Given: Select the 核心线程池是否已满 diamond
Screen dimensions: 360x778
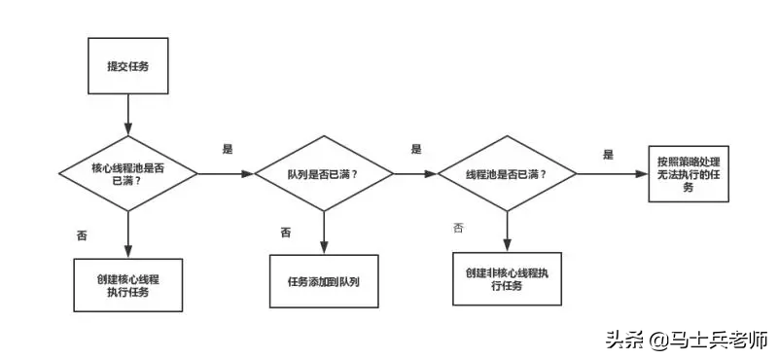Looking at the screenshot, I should [x=127, y=174].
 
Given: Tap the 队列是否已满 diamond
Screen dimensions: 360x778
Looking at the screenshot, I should [x=323, y=174].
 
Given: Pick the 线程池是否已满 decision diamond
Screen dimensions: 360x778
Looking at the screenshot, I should [x=507, y=174].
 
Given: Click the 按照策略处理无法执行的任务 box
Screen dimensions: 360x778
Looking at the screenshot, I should [x=688, y=173].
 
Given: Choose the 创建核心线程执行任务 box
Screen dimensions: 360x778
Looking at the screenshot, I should [x=127, y=284].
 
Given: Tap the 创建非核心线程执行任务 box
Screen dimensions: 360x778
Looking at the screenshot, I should [x=507, y=279].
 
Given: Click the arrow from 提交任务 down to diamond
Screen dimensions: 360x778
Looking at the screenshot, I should [x=127, y=117].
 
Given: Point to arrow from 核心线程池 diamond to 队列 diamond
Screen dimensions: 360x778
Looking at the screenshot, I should [x=225, y=174].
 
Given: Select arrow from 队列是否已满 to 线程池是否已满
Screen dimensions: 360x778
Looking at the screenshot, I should [x=415, y=174].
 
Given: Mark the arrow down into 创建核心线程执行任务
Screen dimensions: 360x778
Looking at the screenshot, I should [x=127, y=234].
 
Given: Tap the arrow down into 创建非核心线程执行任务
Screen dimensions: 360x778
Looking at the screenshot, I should [x=507, y=230].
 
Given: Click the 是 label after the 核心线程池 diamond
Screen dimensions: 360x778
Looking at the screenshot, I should [x=229, y=149].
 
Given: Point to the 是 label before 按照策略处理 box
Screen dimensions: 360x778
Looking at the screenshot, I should [x=608, y=154].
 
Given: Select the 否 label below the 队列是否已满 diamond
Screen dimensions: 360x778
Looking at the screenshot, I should [x=286, y=232].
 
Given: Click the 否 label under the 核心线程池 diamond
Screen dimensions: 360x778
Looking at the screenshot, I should [x=82, y=235].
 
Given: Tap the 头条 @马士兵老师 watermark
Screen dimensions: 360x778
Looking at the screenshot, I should [x=687, y=340].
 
